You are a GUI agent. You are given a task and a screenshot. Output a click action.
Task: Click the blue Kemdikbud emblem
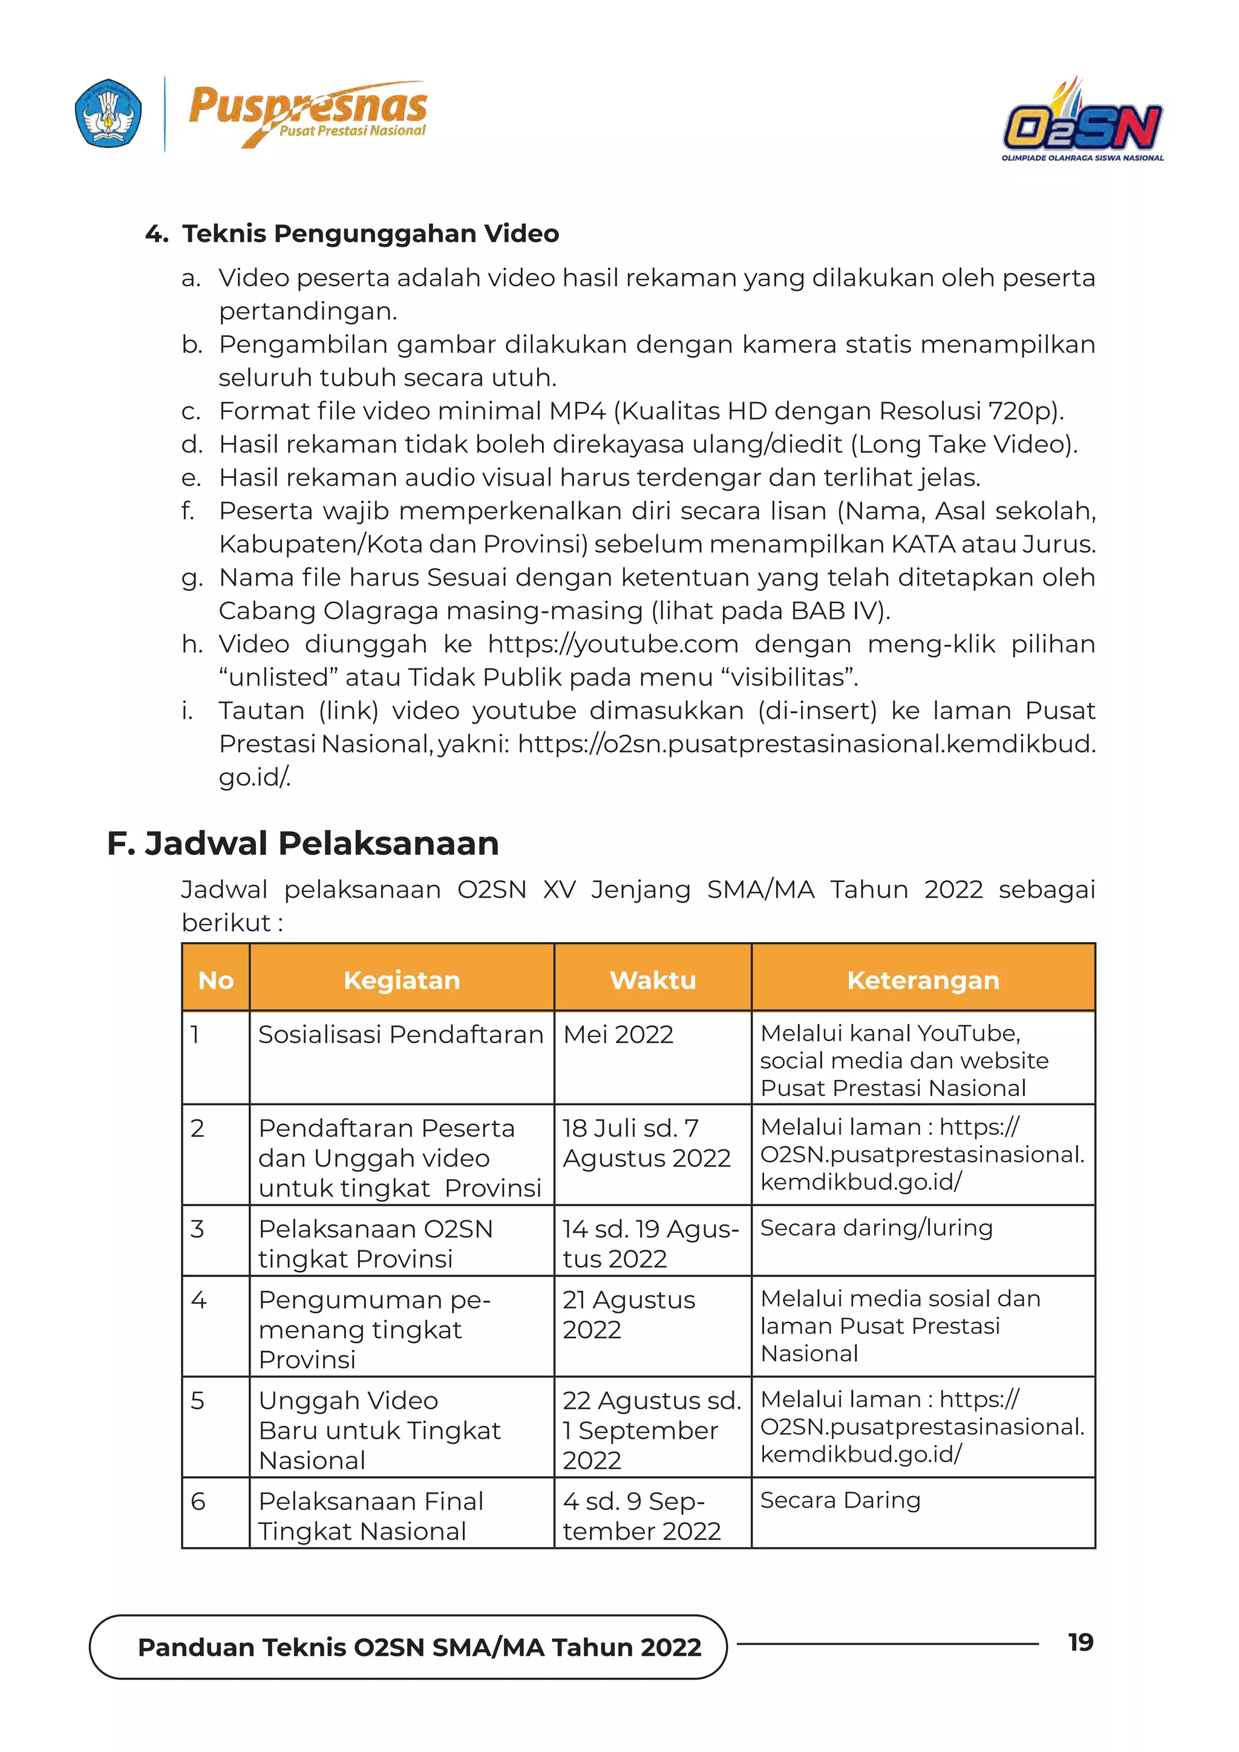(108, 114)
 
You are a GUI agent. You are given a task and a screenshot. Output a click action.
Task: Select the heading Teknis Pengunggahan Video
(370, 234)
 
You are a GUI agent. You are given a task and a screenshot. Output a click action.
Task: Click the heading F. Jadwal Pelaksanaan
(303, 843)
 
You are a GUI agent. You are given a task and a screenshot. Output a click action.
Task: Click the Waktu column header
(652, 980)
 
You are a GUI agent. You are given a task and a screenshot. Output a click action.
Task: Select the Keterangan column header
(923, 980)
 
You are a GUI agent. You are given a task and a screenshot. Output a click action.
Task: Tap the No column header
(216, 980)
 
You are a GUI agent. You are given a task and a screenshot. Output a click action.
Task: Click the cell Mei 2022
(618, 1035)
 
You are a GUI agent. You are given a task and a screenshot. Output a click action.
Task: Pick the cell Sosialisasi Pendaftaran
(400, 1035)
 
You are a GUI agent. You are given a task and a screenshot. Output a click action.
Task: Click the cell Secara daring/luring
(876, 1227)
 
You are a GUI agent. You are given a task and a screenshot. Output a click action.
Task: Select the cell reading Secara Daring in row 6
(840, 1500)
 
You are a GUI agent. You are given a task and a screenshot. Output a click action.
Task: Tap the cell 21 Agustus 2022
(628, 1314)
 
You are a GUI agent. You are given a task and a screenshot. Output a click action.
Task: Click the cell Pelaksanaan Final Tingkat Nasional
(371, 1515)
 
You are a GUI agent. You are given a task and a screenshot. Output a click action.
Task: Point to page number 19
(1080, 1642)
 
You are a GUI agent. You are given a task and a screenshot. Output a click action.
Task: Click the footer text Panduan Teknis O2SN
(419, 1647)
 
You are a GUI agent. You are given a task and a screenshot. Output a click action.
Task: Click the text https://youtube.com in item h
(613, 644)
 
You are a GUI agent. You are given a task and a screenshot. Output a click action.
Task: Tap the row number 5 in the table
(198, 1401)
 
